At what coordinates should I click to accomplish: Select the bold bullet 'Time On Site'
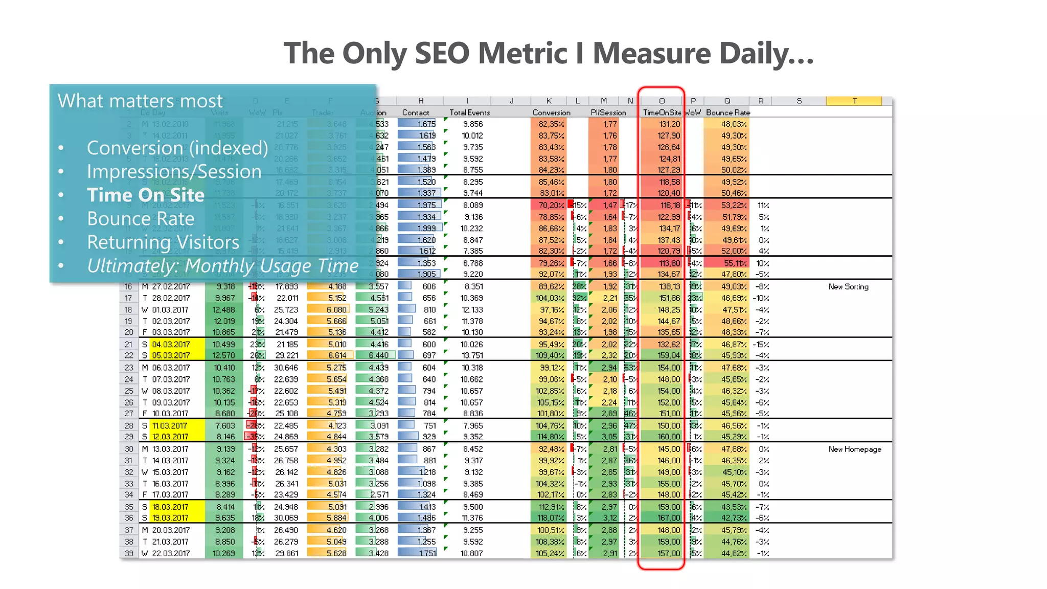146,195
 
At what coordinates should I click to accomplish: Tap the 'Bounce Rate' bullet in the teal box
141,219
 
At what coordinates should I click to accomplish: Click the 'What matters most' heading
140,101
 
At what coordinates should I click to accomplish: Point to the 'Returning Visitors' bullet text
163,242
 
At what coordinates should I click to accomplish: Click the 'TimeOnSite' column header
662,112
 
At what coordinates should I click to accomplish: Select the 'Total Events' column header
469,112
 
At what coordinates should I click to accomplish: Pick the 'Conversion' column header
551,112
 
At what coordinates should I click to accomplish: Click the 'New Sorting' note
848,287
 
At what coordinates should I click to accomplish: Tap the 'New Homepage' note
855,449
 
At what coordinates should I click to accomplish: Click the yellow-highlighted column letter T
854,101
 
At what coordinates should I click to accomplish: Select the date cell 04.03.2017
171,345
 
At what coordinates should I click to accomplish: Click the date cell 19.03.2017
171,518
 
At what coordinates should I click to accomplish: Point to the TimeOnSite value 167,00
669,518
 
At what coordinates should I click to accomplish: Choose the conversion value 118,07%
550,518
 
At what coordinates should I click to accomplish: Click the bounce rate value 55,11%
735,263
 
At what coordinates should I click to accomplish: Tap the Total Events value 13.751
471,355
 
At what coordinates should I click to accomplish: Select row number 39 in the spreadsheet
129,554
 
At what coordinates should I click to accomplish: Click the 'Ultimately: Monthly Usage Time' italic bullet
222,266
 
